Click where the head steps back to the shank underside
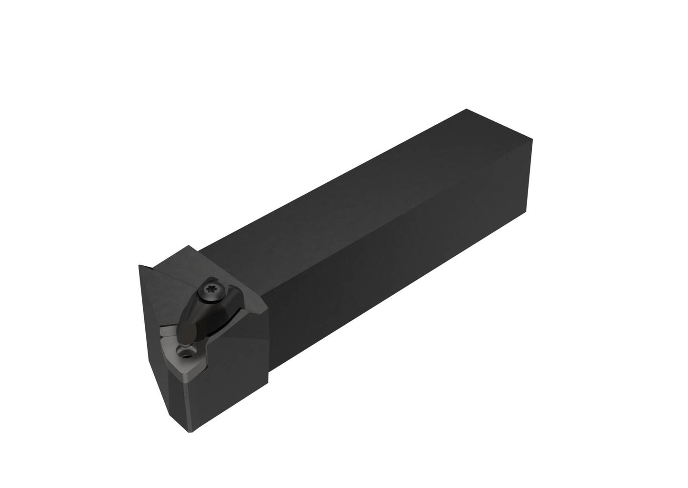[x=268, y=381]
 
